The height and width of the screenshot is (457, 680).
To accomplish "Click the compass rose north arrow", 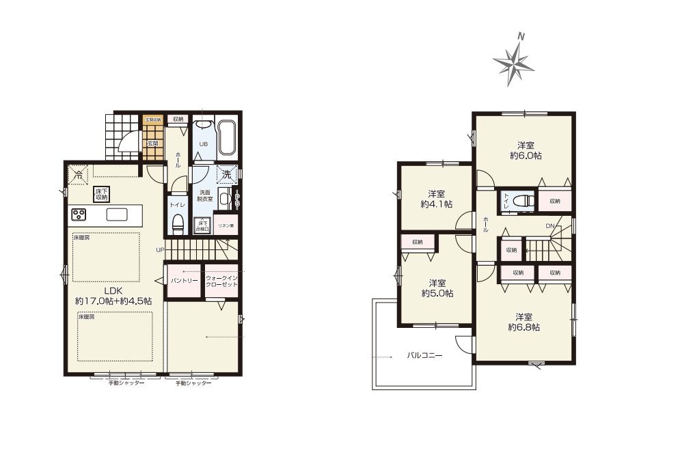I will pyautogui.click(x=515, y=61).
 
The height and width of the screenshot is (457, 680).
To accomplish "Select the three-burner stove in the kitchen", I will pyautogui.click(x=79, y=214).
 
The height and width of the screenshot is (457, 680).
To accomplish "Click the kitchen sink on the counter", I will pyautogui.click(x=116, y=214).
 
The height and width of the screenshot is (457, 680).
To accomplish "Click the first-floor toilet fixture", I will pyautogui.click(x=178, y=223).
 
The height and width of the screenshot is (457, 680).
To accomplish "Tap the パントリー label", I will pyautogui.click(x=184, y=280).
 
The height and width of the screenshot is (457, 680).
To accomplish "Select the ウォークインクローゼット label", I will pyautogui.click(x=221, y=280).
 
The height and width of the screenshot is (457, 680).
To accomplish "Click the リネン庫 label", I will pyautogui.click(x=226, y=225).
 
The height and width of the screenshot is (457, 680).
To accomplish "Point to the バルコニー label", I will pyautogui.click(x=425, y=355).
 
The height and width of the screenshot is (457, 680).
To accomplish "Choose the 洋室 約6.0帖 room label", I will pyautogui.click(x=525, y=150).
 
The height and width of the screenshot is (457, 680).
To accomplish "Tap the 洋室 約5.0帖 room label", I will pyautogui.click(x=437, y=288).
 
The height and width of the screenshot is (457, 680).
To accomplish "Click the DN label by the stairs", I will pyautogui.click(x=550, y=225).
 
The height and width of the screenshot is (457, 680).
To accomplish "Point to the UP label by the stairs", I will pyautogui.click(x=159, y=249).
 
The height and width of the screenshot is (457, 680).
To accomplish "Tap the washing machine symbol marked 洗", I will pyautogui.click(x=227, y=174).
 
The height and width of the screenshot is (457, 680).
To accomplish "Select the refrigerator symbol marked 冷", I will pyautogui.click(x=79, y=175).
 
